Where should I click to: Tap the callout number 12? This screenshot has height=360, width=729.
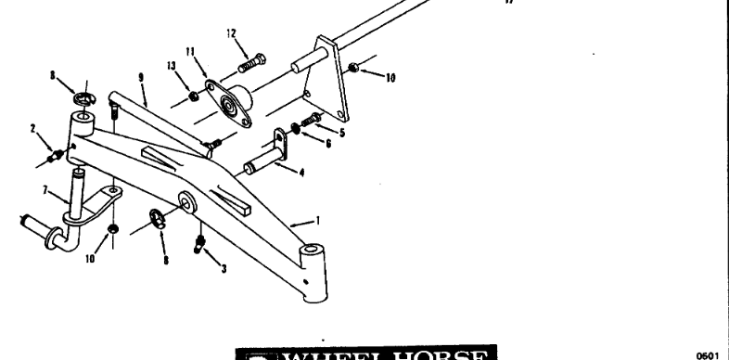click(231, 33)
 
